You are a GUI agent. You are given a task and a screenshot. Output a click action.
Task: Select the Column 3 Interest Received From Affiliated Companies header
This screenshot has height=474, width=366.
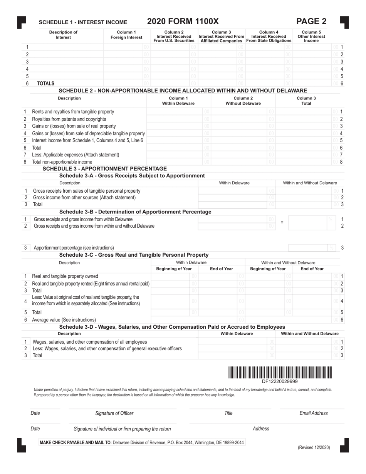tap(222, 36)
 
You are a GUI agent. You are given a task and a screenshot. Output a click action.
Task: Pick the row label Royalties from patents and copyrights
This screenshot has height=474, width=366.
tap(69, 119)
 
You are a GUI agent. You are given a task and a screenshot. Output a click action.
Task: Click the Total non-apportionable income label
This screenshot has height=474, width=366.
tap(62, 162)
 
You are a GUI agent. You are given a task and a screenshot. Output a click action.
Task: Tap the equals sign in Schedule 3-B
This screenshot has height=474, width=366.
tap(282, 222)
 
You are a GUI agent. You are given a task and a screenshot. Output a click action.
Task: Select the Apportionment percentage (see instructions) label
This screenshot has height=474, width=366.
tap(74, 247)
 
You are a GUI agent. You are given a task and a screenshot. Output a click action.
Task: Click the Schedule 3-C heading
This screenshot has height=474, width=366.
tap(134, 255)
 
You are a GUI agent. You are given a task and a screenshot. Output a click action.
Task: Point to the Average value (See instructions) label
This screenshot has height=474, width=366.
tap(64, 319)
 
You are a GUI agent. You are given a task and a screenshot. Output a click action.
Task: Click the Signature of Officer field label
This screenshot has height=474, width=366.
tap(114, 413)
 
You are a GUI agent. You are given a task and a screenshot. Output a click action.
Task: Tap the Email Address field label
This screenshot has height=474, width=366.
tap(313, 413)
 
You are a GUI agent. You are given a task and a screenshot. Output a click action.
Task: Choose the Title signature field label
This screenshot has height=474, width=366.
tap(228, 413)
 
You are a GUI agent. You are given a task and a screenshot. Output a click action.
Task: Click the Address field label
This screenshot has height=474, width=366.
tap(261, 429)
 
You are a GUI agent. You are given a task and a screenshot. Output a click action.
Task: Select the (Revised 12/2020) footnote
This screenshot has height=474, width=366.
tap(314, 447)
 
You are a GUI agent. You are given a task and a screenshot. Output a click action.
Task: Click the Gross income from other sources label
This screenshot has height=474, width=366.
tap(84, 197)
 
